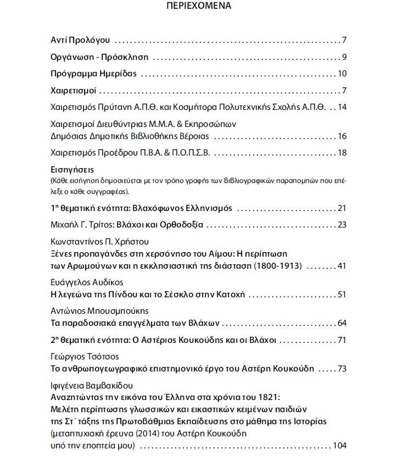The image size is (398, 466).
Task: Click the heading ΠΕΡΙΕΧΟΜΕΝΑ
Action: coord(198,7)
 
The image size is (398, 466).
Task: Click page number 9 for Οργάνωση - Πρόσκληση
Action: coord(344,57)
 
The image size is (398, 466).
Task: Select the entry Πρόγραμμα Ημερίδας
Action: coord(93,74)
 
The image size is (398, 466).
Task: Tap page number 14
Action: coord(342,107)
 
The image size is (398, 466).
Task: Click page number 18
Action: coord(342,152)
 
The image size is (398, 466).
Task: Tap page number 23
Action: coord(342,224)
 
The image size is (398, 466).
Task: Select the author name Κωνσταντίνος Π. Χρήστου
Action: coord(99,242)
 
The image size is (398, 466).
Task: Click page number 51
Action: coord(342,295)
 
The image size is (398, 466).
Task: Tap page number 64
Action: coord(342,323)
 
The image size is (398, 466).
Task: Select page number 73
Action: coord(342,368)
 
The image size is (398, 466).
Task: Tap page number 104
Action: coord(340,445)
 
